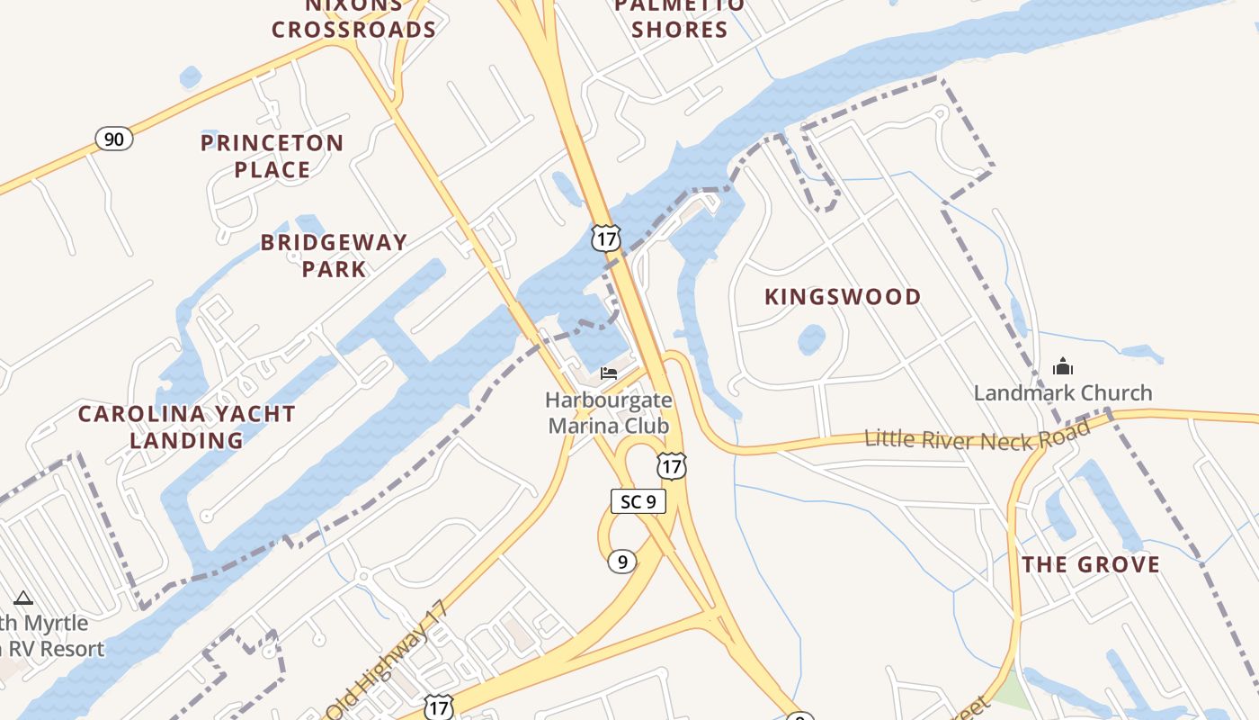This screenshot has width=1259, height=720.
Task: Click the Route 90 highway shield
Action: [114, 139]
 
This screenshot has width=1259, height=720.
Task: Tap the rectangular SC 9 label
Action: [638, 501]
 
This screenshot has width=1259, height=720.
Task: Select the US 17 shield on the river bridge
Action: [605, 238]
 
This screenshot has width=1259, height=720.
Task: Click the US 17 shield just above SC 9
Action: [671, 465]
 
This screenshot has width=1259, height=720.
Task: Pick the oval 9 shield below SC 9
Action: [621, 562]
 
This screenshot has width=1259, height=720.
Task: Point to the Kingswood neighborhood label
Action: [843, 297]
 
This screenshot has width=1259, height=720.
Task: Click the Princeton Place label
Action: [272, 156]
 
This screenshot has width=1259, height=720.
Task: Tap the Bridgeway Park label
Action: [334, 255]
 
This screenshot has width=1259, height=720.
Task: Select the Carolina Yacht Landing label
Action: [186, 427]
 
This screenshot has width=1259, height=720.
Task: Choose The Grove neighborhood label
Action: [1091, 564]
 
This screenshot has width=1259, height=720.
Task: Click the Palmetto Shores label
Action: [679, 18]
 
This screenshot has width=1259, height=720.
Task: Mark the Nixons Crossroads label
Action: [353, 18]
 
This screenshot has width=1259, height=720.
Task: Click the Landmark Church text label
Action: [1063, 392]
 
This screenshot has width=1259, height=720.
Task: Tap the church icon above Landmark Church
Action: [1063, 366]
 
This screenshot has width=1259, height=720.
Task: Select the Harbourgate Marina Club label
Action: [609, 412]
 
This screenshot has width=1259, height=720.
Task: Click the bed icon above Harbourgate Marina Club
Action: [609, 373]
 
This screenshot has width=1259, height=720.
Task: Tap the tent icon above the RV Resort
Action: [23, 598]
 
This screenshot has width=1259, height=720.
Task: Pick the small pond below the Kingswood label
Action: [811, 339]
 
